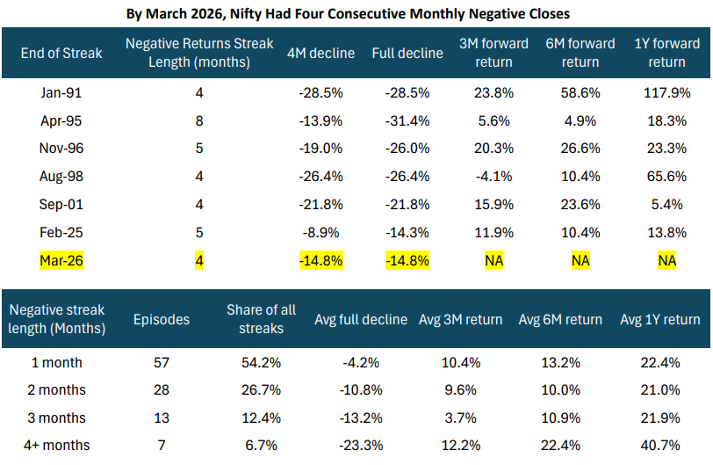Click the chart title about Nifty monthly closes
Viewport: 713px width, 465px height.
click(348, 14)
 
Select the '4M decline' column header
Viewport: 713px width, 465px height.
click(320, 53)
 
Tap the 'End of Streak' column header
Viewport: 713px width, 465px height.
click(61, 53)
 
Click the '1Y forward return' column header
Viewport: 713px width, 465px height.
click(666, 53)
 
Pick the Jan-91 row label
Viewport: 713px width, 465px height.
click(61, 93)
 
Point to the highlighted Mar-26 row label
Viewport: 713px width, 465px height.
click(61, 260)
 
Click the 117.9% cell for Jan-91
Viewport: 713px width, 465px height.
click(666, 93)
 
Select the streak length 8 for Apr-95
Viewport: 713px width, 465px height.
click(199, 121)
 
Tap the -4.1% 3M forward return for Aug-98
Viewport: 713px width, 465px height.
click(493, 177)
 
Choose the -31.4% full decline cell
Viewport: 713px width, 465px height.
click(407, 121)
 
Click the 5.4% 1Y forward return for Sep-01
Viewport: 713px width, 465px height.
click(666, 204)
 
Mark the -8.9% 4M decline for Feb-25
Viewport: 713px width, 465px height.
click(320, 232)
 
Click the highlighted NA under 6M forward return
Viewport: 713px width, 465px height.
click(580, 260)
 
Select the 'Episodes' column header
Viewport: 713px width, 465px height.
click(162, 319)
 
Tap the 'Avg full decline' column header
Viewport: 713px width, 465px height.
click(361, 319)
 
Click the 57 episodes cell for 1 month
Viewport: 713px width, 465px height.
click(162, 363)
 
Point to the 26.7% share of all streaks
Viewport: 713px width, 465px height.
click(261, 390)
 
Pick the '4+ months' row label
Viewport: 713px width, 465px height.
click(57, 445)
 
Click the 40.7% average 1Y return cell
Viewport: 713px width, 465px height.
click(660, 445)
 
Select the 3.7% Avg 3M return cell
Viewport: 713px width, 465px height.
click(461, 418)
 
